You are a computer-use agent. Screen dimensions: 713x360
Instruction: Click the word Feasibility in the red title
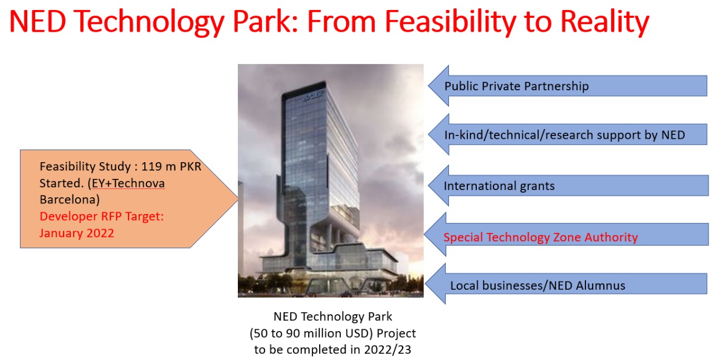pos(450,22)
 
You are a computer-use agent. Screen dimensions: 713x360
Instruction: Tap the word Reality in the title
pos(604,22)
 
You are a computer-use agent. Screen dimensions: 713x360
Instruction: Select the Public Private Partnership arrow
pos(568,86)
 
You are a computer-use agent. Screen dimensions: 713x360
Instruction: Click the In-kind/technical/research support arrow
pos(568,134)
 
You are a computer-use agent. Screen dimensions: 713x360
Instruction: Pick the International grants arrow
pos(569,186)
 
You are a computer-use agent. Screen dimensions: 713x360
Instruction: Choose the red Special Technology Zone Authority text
pos(540,237)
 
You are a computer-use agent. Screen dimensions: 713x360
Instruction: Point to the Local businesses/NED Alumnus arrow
pos(567,284)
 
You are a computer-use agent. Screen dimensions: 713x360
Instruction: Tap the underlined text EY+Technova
pos(128,183)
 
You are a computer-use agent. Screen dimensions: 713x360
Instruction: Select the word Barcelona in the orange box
pos(70,200)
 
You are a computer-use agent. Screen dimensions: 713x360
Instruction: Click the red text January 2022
pos(77,233)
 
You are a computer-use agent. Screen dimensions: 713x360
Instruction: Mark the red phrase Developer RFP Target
pos(101,216)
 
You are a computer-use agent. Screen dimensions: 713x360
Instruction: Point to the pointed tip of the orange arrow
pos(237,198)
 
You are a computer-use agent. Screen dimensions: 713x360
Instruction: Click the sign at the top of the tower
pos(313,95)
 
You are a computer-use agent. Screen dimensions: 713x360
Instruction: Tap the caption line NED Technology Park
pos(333,317)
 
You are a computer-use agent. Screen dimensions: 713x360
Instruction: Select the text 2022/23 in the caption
pos(387,349)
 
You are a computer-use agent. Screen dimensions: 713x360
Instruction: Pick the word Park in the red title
pos(265,22)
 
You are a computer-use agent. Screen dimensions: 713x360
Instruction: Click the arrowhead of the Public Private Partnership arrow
pos(438,86)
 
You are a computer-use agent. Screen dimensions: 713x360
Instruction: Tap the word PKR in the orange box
pos(191,166)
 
